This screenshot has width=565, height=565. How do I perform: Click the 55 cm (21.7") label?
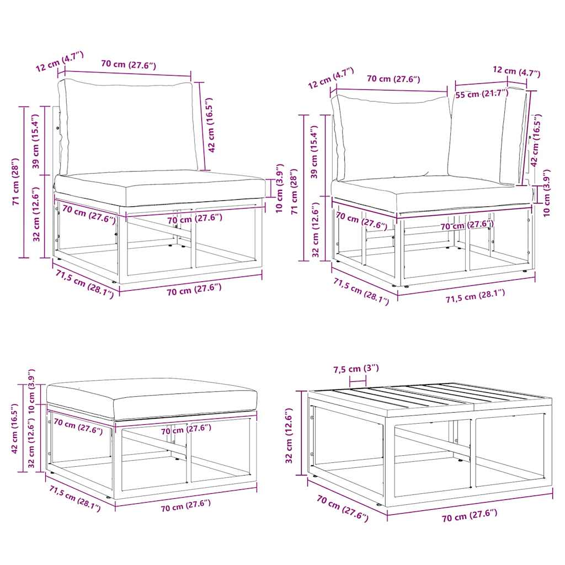point(482,93)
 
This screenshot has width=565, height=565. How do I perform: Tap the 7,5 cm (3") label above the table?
point(356,369)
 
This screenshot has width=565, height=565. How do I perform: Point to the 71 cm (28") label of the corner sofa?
point(295,191)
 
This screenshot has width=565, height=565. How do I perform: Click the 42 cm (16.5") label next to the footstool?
point(15,429)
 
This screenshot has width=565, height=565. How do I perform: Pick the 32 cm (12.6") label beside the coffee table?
point(289,436)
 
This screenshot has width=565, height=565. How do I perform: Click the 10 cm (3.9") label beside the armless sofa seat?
point(280,189)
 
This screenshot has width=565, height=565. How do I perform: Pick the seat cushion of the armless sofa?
point(159,188)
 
